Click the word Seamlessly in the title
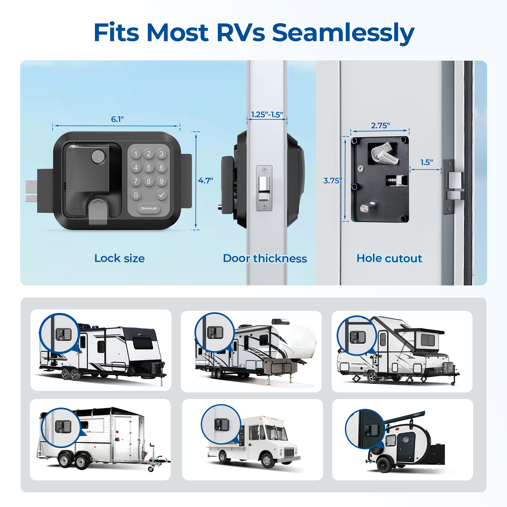pyautogui.click(x=343, y=33)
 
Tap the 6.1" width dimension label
pyautogui.click(x=117, y=119)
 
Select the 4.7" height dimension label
pyautogui.click(x=206, y=181)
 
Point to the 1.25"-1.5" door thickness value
pyautogui.click(x=267, y=115)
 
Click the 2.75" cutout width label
pyautogui.click(x=380, y=126)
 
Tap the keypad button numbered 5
pyautogui.click(x=149, y=168)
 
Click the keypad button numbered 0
pyautogui.click(x=136, y=195)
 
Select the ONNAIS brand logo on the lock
pyautogui.click(x=149, y=208)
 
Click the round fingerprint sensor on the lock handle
pyautogui.click(x=98, y=157)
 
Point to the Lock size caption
pyautogui.click(x=119, y=258)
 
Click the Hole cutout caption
pyautogui.click(x=389, y=258)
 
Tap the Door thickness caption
pyautogui.click(x=265, y=258)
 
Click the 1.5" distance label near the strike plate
pyautogui.click(x=426, y=162)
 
